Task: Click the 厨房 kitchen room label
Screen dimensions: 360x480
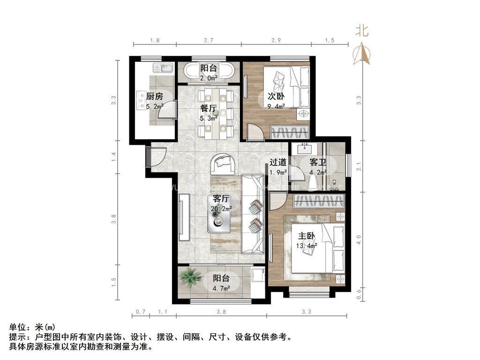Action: click(x=154, y=97)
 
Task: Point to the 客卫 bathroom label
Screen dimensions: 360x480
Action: click(x=318, y=163)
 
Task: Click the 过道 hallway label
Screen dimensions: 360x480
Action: click(x=278, y=163)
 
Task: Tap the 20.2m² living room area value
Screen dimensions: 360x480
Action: click(x=221, y=208)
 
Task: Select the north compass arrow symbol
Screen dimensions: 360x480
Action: click(x=361, y=54)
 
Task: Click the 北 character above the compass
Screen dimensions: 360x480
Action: click(x=361, y=31)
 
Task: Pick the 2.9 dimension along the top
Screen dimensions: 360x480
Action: click(x=276, y=41)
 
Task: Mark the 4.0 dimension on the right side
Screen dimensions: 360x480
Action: click(x=359, y=240)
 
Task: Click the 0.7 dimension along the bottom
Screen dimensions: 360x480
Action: click(x=140, y=311)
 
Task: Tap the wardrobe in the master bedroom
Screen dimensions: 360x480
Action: click(x=319, y=202)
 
